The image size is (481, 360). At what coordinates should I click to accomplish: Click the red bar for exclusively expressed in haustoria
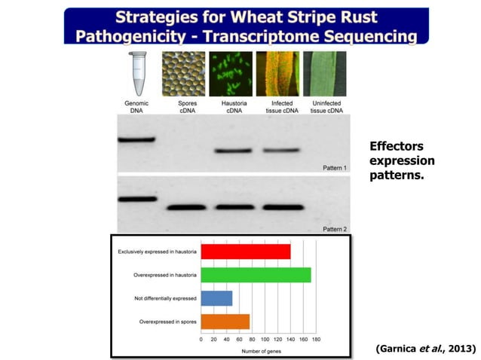tap(246, 252)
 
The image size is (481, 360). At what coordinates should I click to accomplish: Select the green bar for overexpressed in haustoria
tap(256, 274)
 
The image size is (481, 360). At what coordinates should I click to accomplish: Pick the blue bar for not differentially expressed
tap(216, 298)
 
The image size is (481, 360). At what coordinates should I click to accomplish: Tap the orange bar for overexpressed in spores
tap(225, 321)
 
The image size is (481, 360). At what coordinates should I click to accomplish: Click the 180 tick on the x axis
tap(316, 340)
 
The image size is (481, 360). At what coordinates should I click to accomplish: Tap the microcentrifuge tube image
tap(136, 74)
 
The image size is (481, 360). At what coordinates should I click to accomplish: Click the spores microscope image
tap(183, 74)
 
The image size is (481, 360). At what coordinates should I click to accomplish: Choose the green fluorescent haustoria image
tap(230, 74)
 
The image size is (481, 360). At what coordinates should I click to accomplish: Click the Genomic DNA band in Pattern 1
tap(136, 139)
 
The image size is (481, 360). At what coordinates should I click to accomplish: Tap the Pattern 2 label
tap(334, 228)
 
